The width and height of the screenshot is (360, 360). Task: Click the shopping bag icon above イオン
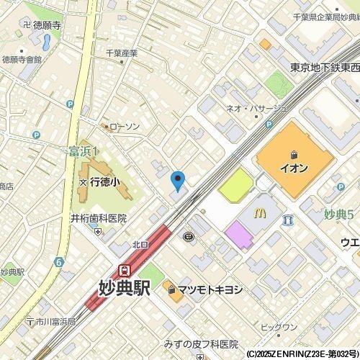[294, 154]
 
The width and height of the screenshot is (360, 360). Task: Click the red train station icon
[125, 271]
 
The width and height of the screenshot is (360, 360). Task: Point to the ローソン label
[122, 127]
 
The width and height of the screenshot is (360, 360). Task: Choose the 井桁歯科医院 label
[98, 218]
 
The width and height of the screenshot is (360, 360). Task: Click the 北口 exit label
[140, 245]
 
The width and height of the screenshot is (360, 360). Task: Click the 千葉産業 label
[121, 53]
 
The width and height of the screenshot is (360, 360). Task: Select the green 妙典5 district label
[338, 215]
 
